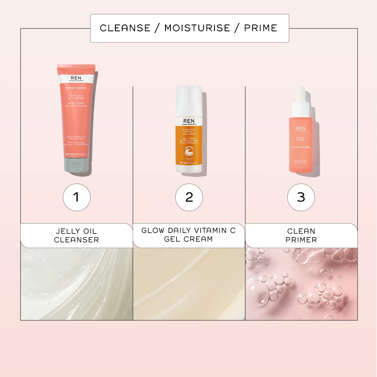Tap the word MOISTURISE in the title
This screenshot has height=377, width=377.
[x=197, y=28]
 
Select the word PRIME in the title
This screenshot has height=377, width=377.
[x=261, y=28]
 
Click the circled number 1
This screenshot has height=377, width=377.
[x=77, y=197]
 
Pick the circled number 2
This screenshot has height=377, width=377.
[x=189, y=197]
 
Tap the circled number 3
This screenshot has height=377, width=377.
[x=301, y=197]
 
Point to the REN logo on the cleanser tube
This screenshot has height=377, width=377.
[x=76, y=77]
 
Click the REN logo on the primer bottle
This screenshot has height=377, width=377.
[x=301, y=129]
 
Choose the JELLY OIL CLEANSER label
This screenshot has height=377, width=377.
[x=77, y=236]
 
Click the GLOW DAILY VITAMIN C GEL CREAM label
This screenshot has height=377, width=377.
[x=188, y=235]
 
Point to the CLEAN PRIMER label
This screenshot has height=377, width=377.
[x=301, y=236]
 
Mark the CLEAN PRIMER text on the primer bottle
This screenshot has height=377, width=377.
[x=301, y=147]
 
